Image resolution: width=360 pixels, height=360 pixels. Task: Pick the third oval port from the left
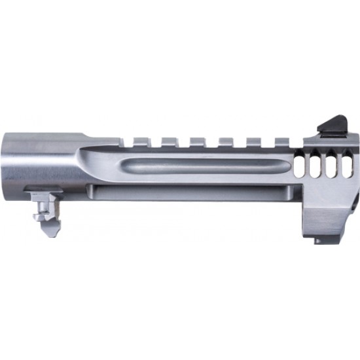(332, 163)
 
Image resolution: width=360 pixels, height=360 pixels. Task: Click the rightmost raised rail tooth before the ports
(281, 141)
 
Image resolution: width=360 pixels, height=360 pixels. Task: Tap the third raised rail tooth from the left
(196, 141)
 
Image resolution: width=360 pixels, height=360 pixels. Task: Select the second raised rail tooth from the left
(168, 141)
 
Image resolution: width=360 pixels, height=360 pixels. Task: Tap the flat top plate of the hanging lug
(44, 192)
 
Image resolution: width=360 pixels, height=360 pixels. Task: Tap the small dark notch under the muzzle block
(319, 241)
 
